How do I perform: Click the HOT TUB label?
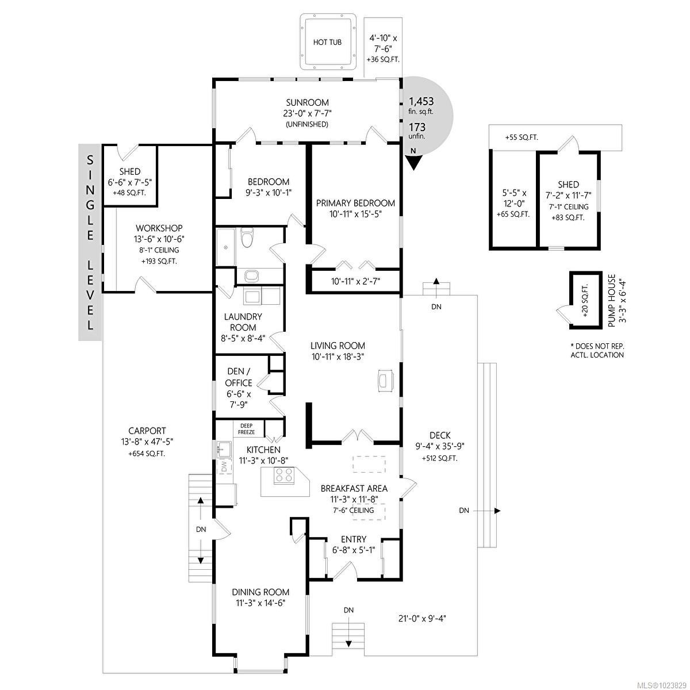(327, 43)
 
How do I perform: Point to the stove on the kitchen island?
(284, 475)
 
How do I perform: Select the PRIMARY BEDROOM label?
(355, 203)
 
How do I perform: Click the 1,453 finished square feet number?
(421, 101)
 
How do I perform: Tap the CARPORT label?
(147, 431)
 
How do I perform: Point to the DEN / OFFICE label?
(239, 377)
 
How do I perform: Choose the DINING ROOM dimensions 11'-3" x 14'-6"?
(260, 603)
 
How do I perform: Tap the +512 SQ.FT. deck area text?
(439, 458)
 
